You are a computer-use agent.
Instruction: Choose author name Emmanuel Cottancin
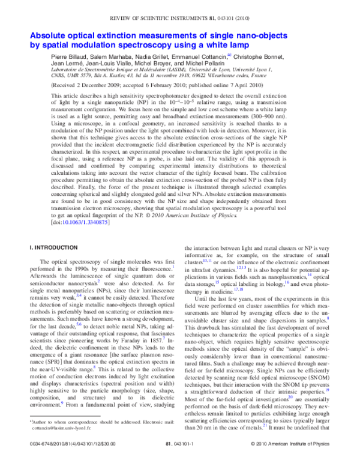(x=197, y=56)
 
